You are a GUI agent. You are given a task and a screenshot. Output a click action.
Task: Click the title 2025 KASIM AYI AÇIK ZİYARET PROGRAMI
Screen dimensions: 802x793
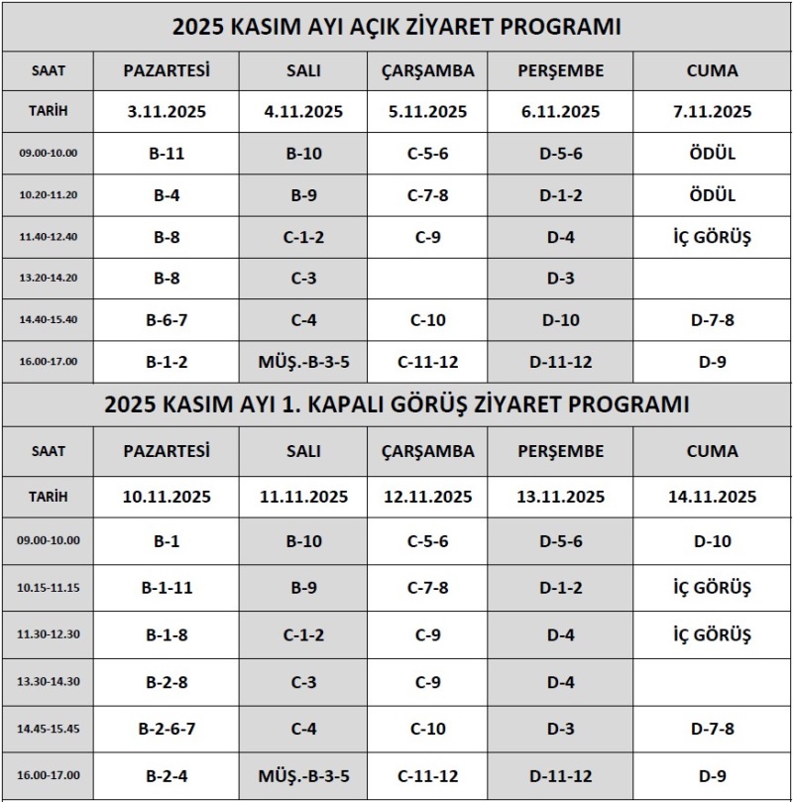(x=396, y=27)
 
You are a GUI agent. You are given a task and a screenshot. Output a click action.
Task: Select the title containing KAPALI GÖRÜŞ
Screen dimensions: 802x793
(x=396, y=404)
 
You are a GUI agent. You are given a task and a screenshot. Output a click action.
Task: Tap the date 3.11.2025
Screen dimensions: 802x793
(x=167, y=112)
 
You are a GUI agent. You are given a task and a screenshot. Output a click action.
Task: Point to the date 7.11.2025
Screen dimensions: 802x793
(x=712, y=112)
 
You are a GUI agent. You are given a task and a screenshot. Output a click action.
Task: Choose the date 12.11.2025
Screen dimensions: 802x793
(x=427, y=497)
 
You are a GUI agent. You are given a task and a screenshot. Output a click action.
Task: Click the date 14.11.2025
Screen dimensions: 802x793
(x=712, y=497)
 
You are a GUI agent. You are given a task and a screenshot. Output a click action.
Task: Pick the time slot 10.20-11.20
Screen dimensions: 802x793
(x=49, y=196)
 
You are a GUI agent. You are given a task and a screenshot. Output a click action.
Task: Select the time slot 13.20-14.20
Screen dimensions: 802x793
(x=49, y=279)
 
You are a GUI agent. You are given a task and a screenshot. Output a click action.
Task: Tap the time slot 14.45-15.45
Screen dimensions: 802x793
(x=49, y=729)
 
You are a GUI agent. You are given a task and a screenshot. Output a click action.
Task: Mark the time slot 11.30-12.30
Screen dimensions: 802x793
(x=49, y=634)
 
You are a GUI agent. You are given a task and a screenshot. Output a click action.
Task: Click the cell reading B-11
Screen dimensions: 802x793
(x=167, y=154)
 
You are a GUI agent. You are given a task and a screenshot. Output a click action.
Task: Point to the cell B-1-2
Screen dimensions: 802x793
(x=167, y=362)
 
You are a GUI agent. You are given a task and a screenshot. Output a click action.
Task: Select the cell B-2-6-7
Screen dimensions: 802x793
(x=167, y=729)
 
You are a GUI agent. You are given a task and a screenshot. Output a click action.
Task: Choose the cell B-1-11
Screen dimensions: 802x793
(x=167, y=588)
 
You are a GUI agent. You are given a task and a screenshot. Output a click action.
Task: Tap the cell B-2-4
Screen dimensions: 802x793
(x=167, y=775)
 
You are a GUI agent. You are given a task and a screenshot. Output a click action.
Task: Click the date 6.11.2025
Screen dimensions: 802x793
(x=560, y=112)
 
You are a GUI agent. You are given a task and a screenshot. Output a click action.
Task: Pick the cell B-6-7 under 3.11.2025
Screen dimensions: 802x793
(x=167, y=320)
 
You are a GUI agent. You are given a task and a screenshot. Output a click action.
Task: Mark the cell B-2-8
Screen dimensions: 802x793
(x=167, y=682)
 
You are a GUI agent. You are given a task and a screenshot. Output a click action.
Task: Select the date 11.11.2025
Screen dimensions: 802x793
(x=303, y=497)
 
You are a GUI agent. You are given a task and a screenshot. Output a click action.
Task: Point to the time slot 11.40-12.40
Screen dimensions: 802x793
(x=49, y=237)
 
